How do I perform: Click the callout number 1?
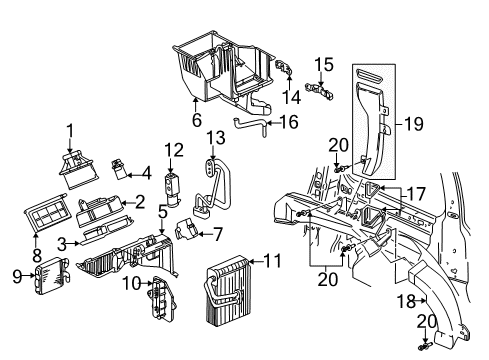[x=70, y=129]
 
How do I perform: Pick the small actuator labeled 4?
[x=122, y=166]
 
